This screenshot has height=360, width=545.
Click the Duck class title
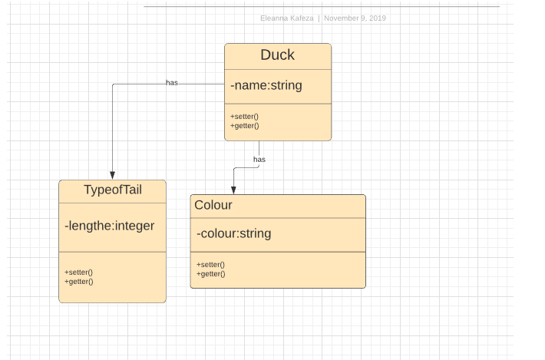[277, 55]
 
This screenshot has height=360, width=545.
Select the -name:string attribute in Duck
[266, 85]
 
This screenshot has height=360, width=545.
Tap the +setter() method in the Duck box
[243, 116]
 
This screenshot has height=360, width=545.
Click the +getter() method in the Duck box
[244, 125]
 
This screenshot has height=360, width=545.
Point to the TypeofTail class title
[112, 190]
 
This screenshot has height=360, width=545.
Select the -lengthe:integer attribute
[110, 226]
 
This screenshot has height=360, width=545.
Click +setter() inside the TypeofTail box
[78, 272]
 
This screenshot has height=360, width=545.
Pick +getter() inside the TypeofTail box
[78, 281]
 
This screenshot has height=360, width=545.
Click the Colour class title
[213, 205]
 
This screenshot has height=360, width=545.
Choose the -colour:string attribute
[234, 233]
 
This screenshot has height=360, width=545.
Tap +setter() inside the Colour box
[210, 264]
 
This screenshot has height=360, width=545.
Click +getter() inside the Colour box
[210, 273]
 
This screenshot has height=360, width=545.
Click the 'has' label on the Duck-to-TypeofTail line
[172, 82]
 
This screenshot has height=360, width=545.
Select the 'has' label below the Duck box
[259, 159]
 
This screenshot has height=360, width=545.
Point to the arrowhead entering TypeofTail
[112, 175]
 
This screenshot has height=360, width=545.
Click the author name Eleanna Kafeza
[287, 18]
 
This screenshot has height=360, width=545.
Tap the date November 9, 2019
[355, 18]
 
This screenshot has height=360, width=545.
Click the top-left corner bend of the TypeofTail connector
[112, 84]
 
